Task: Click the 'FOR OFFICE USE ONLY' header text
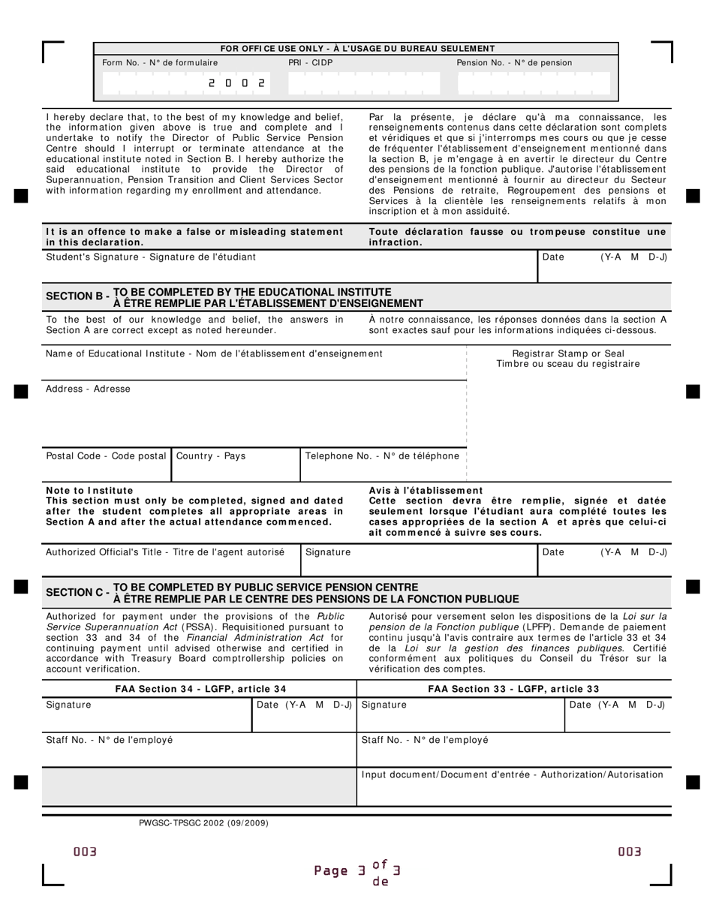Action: [x=357, y=49]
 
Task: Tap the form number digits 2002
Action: [x=236, y=83]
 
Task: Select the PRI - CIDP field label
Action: [x=310, y=63]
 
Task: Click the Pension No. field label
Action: [x=514, y=63]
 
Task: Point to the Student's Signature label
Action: [x=151, y=257]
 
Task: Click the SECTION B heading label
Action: [x=77, y=297]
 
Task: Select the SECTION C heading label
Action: [x=77, y=593]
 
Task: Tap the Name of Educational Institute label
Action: [x=214, y=353]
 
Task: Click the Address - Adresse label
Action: [x=88, y=389]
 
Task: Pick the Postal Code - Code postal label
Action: [x=107, y=456]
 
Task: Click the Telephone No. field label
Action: [x=382, y=456]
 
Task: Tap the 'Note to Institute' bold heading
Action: [x=89, y=491]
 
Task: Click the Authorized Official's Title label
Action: [x=165, y=552]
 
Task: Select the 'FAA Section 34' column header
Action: [x=200, y=689]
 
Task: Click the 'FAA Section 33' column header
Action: [x=513, y=689]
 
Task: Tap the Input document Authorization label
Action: [x=513, y=775]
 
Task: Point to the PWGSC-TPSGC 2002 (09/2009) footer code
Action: [x=203, y=823]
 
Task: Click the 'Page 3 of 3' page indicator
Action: [x=357, y=871]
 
